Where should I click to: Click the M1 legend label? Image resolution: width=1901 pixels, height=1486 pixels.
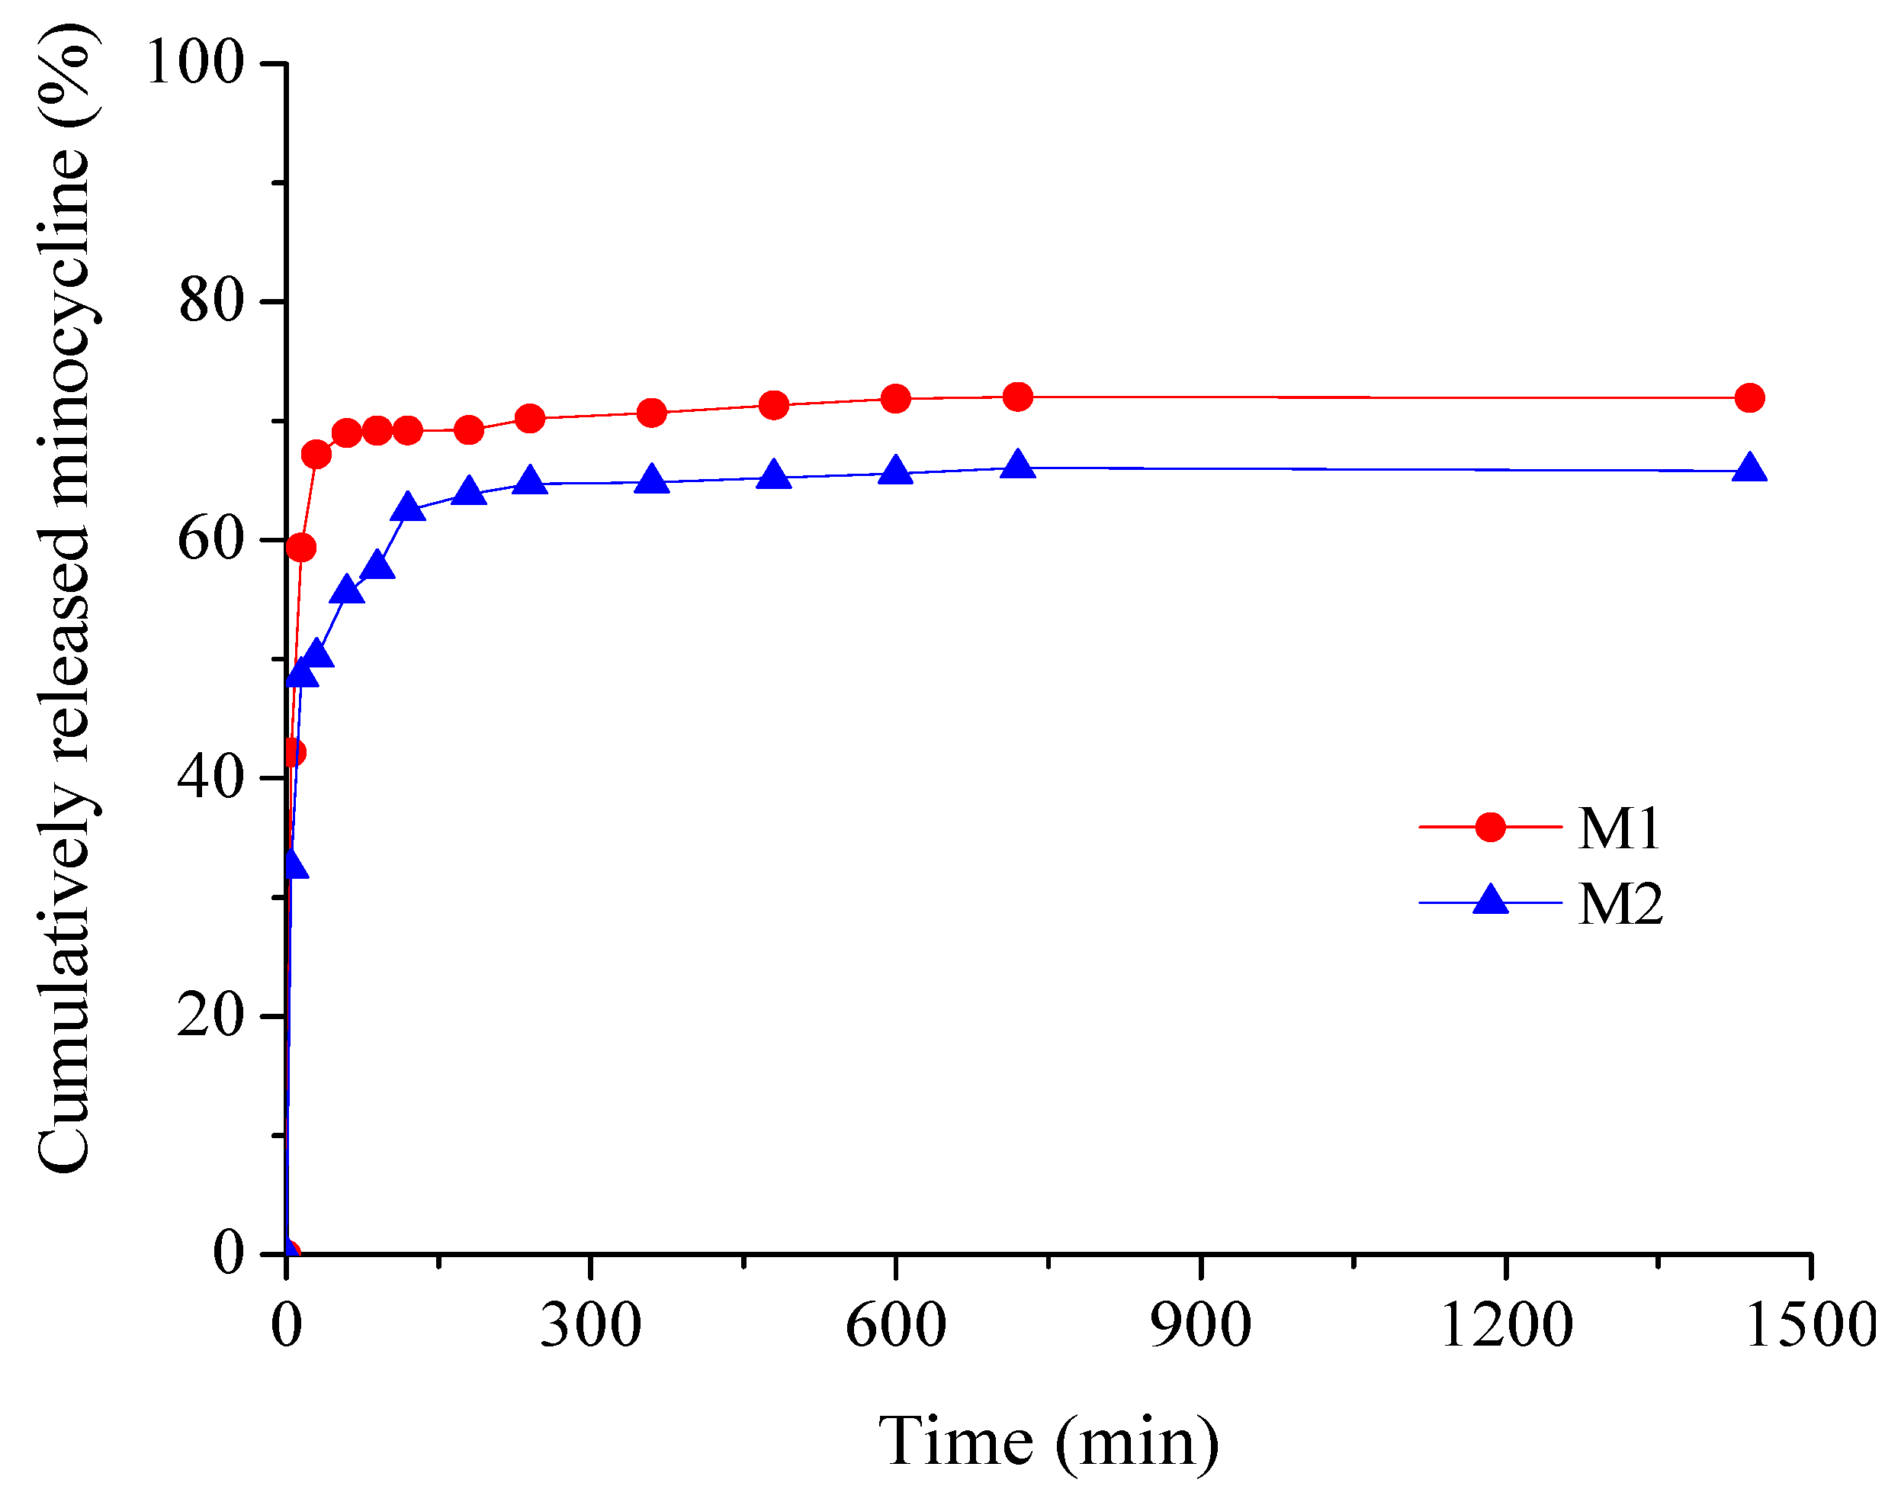point(1620,828)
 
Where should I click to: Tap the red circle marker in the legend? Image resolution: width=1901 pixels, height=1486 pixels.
point(1490,827)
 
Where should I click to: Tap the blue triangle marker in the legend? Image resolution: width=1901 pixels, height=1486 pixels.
point(1490,901)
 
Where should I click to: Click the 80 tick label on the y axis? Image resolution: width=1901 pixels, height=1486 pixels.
point(210,301)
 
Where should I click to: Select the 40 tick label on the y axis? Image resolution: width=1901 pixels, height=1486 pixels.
point(210,777)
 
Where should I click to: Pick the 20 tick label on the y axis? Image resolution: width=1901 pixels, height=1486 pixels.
point(210,1015)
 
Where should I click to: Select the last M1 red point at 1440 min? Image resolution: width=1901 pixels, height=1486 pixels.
point(1749,398)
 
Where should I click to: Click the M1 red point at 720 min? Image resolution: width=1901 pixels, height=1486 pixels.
point(1017,397)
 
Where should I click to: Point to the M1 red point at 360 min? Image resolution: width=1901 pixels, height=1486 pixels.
point(652,413)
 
